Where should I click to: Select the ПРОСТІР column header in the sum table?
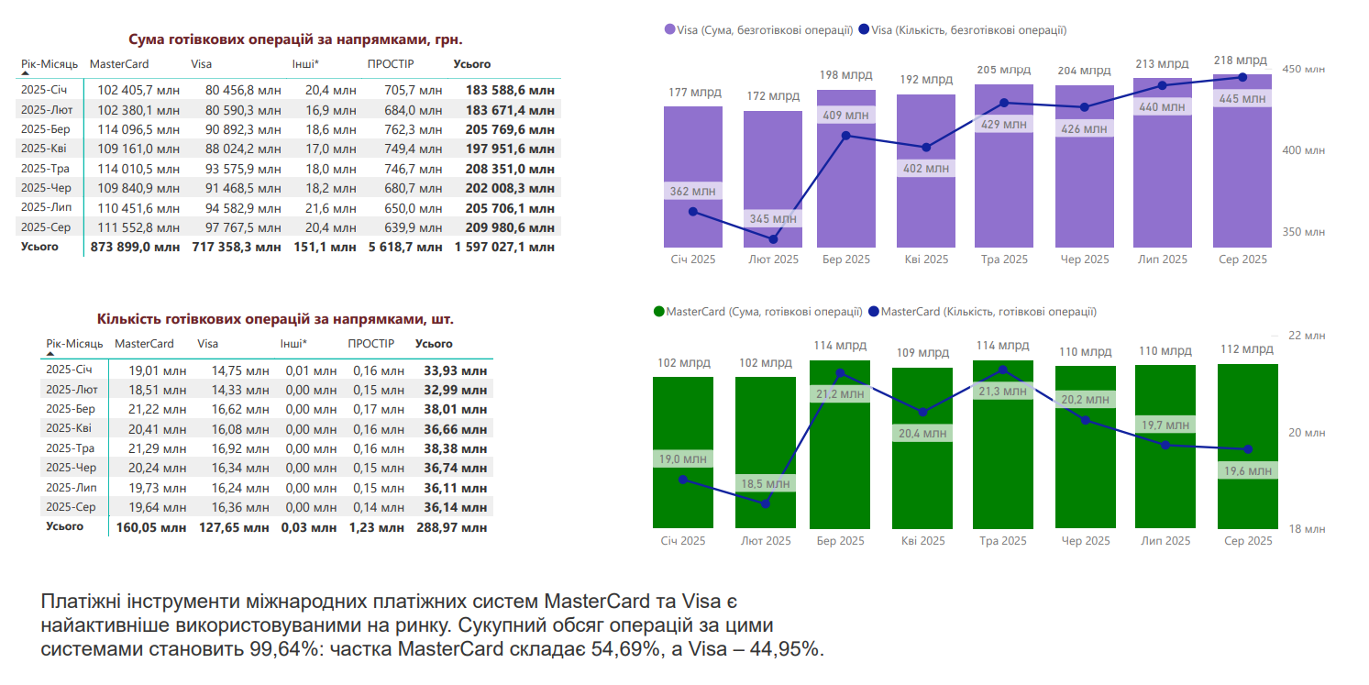(391, 64)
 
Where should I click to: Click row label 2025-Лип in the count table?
(70, 487)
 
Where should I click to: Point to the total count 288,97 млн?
(455, 527)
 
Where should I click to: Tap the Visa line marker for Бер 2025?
(845, 136)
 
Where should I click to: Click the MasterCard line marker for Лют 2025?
(766, 503)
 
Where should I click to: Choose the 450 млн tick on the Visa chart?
(1302, 70)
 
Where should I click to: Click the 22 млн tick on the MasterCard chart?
(1307, 336)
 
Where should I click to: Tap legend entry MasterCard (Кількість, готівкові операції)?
(988, 312)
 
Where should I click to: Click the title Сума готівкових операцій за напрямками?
(294, 39)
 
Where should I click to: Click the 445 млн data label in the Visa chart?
(1242, 99)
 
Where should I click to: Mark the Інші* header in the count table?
(293, 344)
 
